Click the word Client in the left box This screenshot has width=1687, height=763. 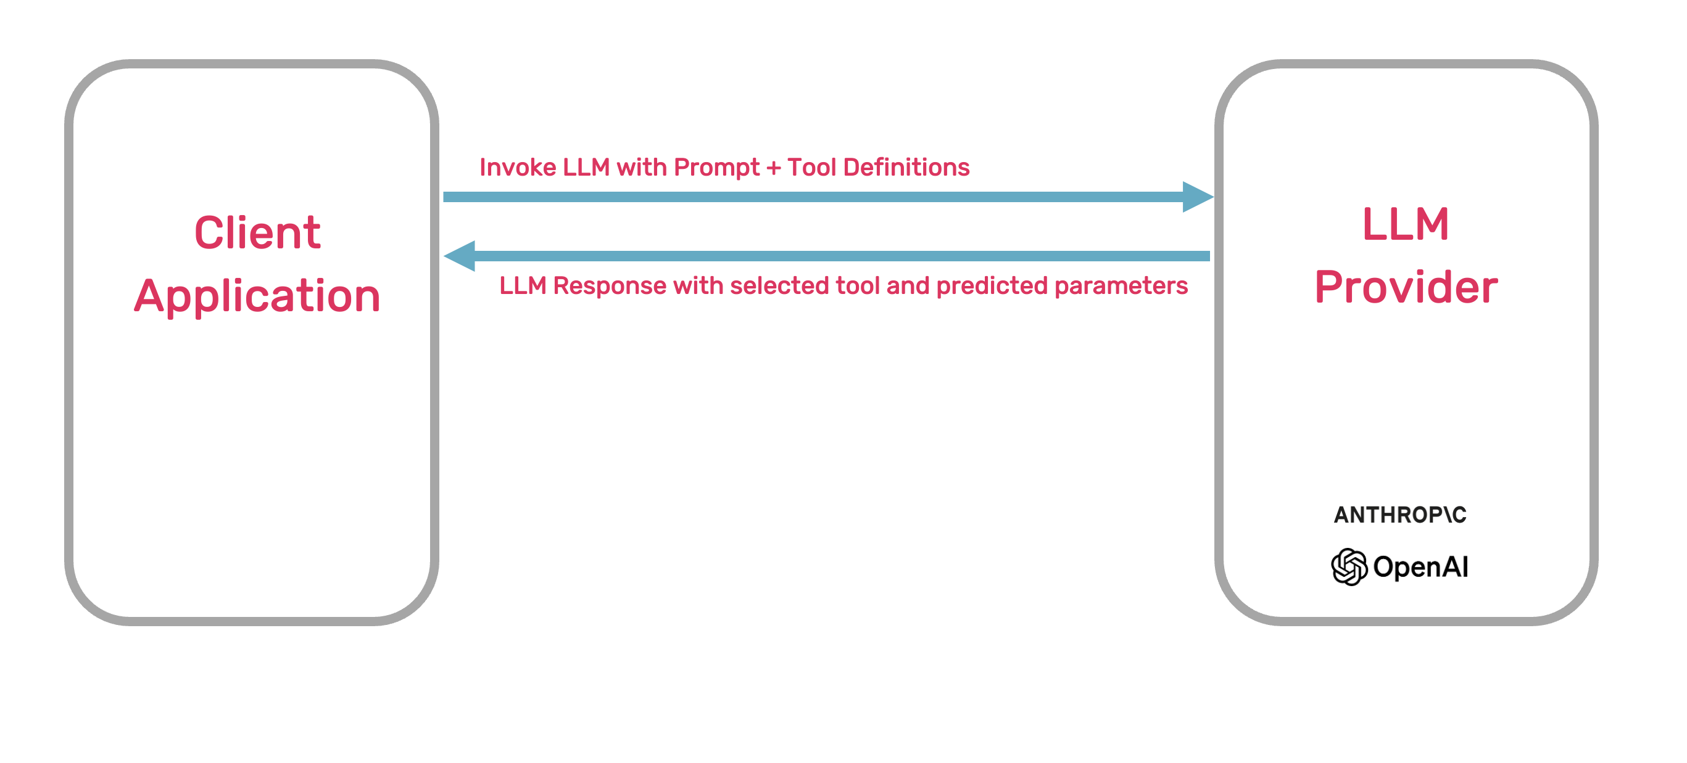pos(257,233)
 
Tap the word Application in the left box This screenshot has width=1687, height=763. pos(257,296)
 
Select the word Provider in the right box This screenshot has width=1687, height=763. pos(1406,287)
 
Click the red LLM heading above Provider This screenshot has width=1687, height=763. pos(1406,224)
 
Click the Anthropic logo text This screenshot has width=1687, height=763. pos(1400,515)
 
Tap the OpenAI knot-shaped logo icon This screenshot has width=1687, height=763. pos(1349,566)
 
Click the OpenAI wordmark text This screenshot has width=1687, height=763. pos(1420,566)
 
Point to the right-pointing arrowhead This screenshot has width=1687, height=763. pos(1197,197)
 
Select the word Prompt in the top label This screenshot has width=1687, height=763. pos(716,168)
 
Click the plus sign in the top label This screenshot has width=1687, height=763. pos(773,168)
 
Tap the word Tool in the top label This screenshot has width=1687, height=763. pos(811,168)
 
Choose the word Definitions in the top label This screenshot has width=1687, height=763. pos(906,168)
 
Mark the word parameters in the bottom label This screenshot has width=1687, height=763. pos(1121,287)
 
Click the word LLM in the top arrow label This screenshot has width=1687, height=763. pos(586,168)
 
